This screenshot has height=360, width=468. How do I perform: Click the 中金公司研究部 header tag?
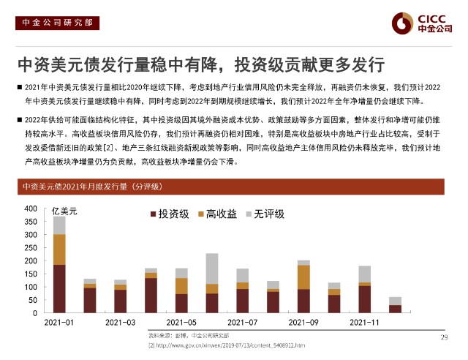point(54,22)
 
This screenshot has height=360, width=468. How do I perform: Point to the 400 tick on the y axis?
point(30,209)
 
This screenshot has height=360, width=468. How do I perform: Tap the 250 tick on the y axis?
point(30,248)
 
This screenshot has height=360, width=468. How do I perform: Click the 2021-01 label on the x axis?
point(59,322)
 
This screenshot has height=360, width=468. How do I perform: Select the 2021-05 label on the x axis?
point(181,322)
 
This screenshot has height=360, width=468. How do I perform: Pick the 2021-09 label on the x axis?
point(303,322)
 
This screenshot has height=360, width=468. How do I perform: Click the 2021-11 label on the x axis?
point(364,322)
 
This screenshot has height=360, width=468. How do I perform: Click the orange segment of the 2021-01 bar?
point(59,249)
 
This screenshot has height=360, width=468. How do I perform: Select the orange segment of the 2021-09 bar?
point(303,277)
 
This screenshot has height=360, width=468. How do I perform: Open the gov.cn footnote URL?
point(226,344)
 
